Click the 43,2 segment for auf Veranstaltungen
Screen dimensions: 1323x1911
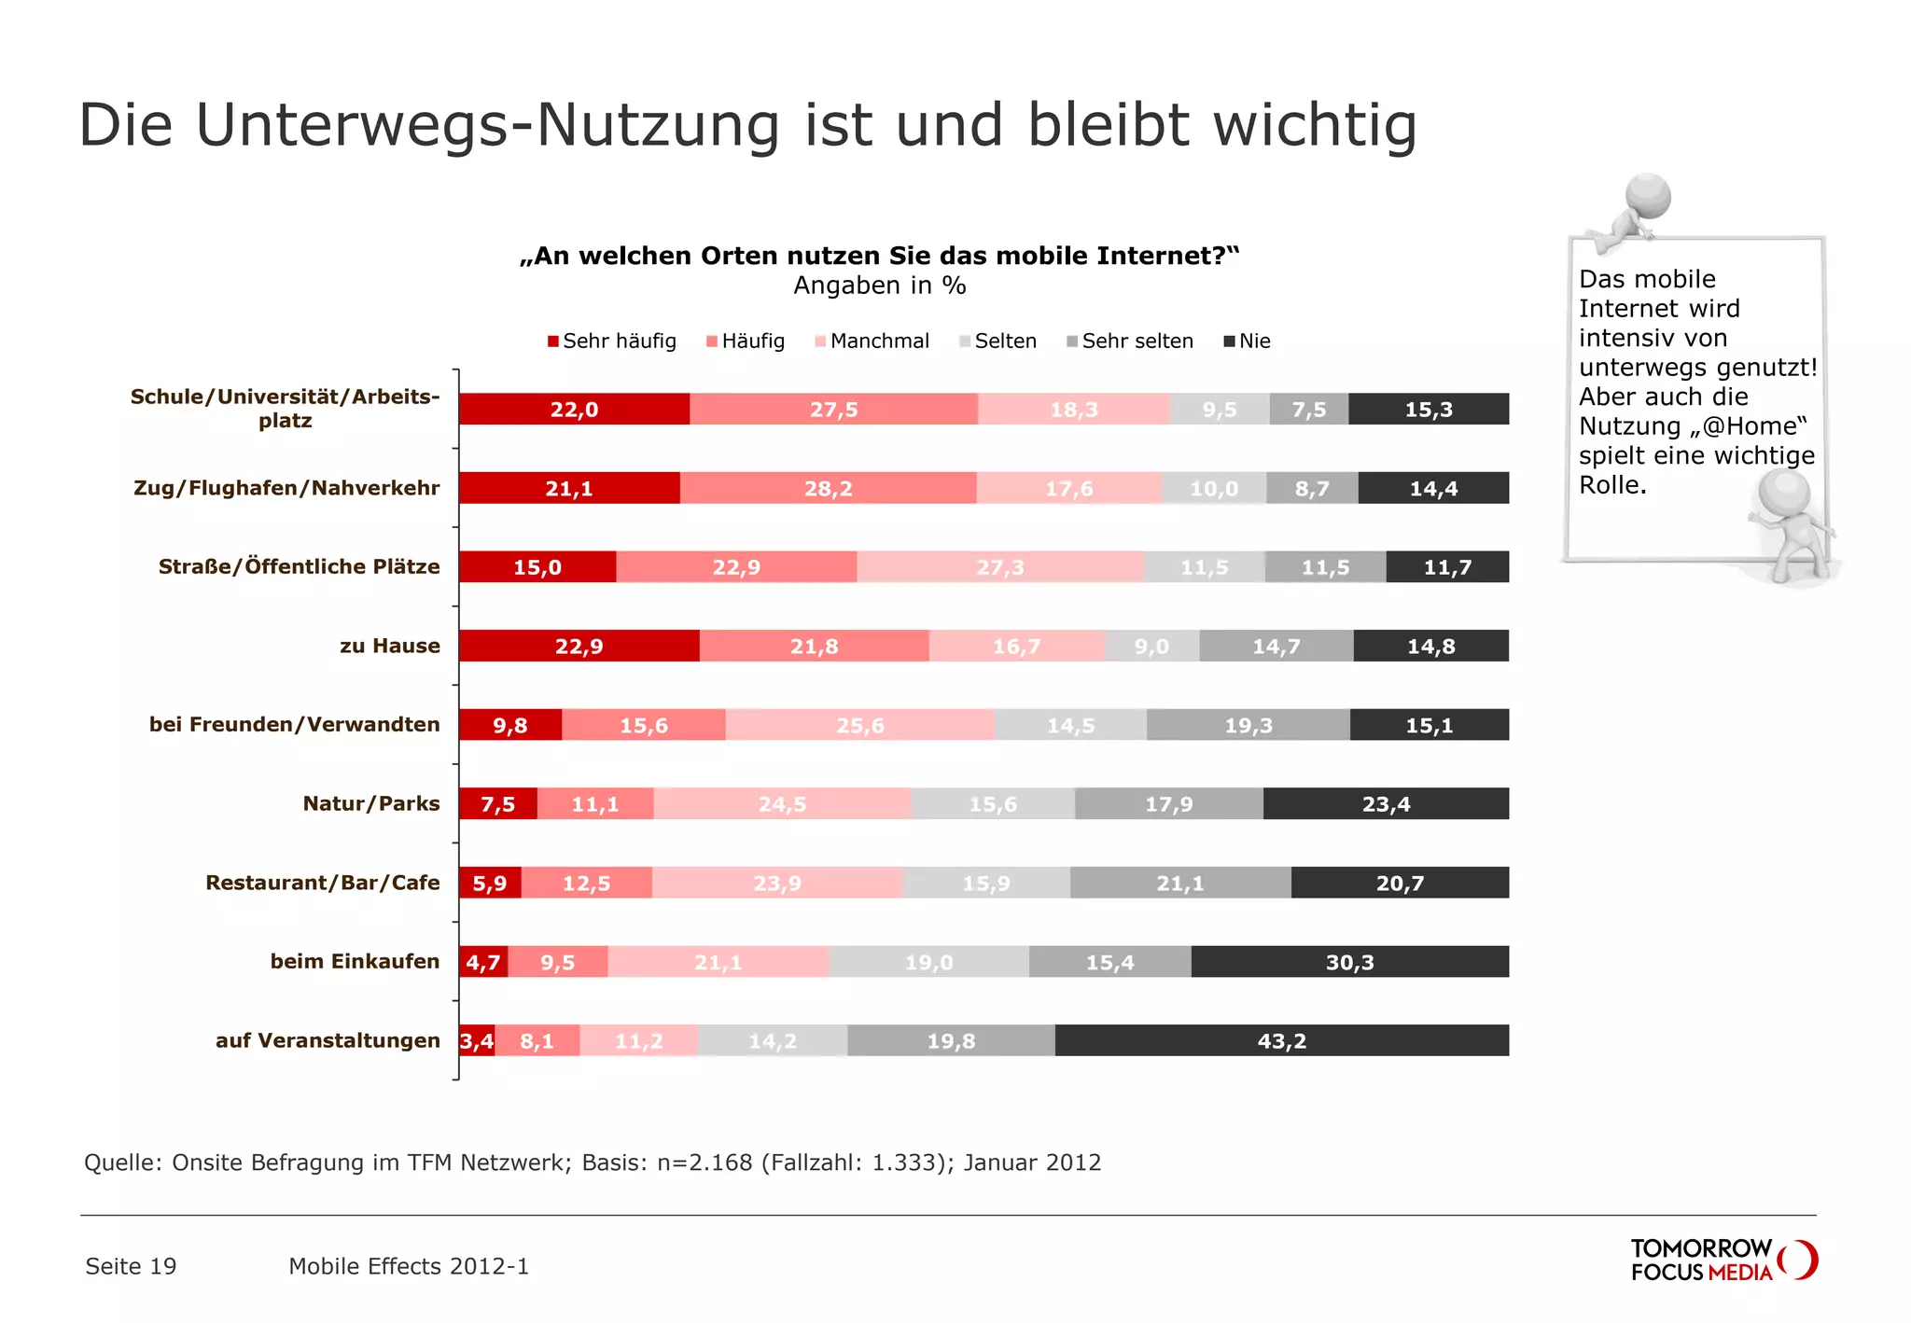point(1281,1040)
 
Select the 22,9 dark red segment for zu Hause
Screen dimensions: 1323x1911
point(579,646)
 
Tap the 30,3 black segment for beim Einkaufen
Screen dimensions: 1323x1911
point(1349,962)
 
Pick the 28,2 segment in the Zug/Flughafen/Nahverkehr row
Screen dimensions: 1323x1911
point(828,488)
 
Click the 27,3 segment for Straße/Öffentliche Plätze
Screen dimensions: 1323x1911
point(999,567)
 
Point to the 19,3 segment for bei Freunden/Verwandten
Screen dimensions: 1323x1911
point(1248,725)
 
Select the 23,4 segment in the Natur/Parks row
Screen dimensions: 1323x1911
point(1386,803)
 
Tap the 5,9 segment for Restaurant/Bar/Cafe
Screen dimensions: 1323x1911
point(490,883)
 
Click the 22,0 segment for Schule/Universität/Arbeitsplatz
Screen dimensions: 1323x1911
point(574,410)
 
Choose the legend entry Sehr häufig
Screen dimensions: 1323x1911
point(612,341)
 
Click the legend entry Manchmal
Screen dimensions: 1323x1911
point(872,341)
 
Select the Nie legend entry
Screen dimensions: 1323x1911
point(1248,341)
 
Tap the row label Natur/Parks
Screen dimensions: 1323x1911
point(370,803)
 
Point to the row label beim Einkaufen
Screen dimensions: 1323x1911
point(355,961)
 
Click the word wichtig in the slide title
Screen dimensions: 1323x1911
point(1315,125)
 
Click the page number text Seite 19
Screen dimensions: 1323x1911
point(131,1266)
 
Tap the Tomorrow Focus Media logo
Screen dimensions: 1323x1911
point(1723,1260)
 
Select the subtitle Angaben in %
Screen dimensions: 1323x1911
point(879,285)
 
